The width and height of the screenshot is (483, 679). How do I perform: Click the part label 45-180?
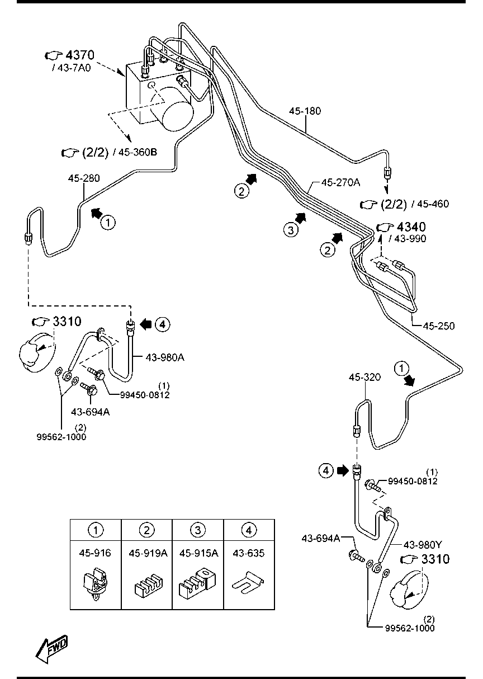coord(305,111)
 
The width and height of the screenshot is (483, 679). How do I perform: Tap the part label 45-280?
coord(84,178)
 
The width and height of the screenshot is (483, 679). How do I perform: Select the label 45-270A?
coord(340,182)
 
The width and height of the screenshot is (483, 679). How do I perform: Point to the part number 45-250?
coord(438,326)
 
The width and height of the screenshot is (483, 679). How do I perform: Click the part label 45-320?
coord(364,377)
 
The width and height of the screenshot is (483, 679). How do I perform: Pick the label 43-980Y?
coord(423,545)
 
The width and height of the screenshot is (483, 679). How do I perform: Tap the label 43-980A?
coord(165,358)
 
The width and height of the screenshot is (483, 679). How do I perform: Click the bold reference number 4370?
coord(80,55)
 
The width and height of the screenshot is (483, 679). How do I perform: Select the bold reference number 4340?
coord(411,227)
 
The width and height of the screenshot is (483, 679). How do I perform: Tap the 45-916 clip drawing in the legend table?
coord(96,583)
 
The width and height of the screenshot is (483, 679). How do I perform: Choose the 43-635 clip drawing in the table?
coord(248,582)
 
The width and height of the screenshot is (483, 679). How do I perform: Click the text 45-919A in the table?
coord(148,554)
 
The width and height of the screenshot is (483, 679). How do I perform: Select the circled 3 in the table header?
coord(198,530)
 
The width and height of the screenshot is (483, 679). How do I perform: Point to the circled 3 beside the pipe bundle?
coord(291,230)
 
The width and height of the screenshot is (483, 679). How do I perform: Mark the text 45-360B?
coord(138,152)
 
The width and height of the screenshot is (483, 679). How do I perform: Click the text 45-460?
coord(433,204)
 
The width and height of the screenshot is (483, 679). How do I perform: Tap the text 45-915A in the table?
coord(198,554)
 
